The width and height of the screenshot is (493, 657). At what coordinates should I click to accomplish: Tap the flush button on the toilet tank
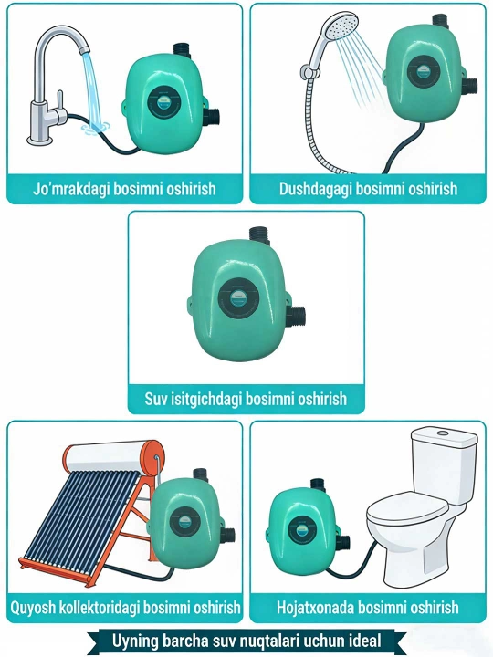(443, 432)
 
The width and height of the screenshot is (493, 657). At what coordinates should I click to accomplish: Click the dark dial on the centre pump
(238, 298)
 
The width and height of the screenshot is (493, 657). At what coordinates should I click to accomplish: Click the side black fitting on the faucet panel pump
(212, 116)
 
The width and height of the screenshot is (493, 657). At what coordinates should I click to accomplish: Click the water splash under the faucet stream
(97, 128)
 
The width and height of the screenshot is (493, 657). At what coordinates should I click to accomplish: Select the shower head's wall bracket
(308, 71)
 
